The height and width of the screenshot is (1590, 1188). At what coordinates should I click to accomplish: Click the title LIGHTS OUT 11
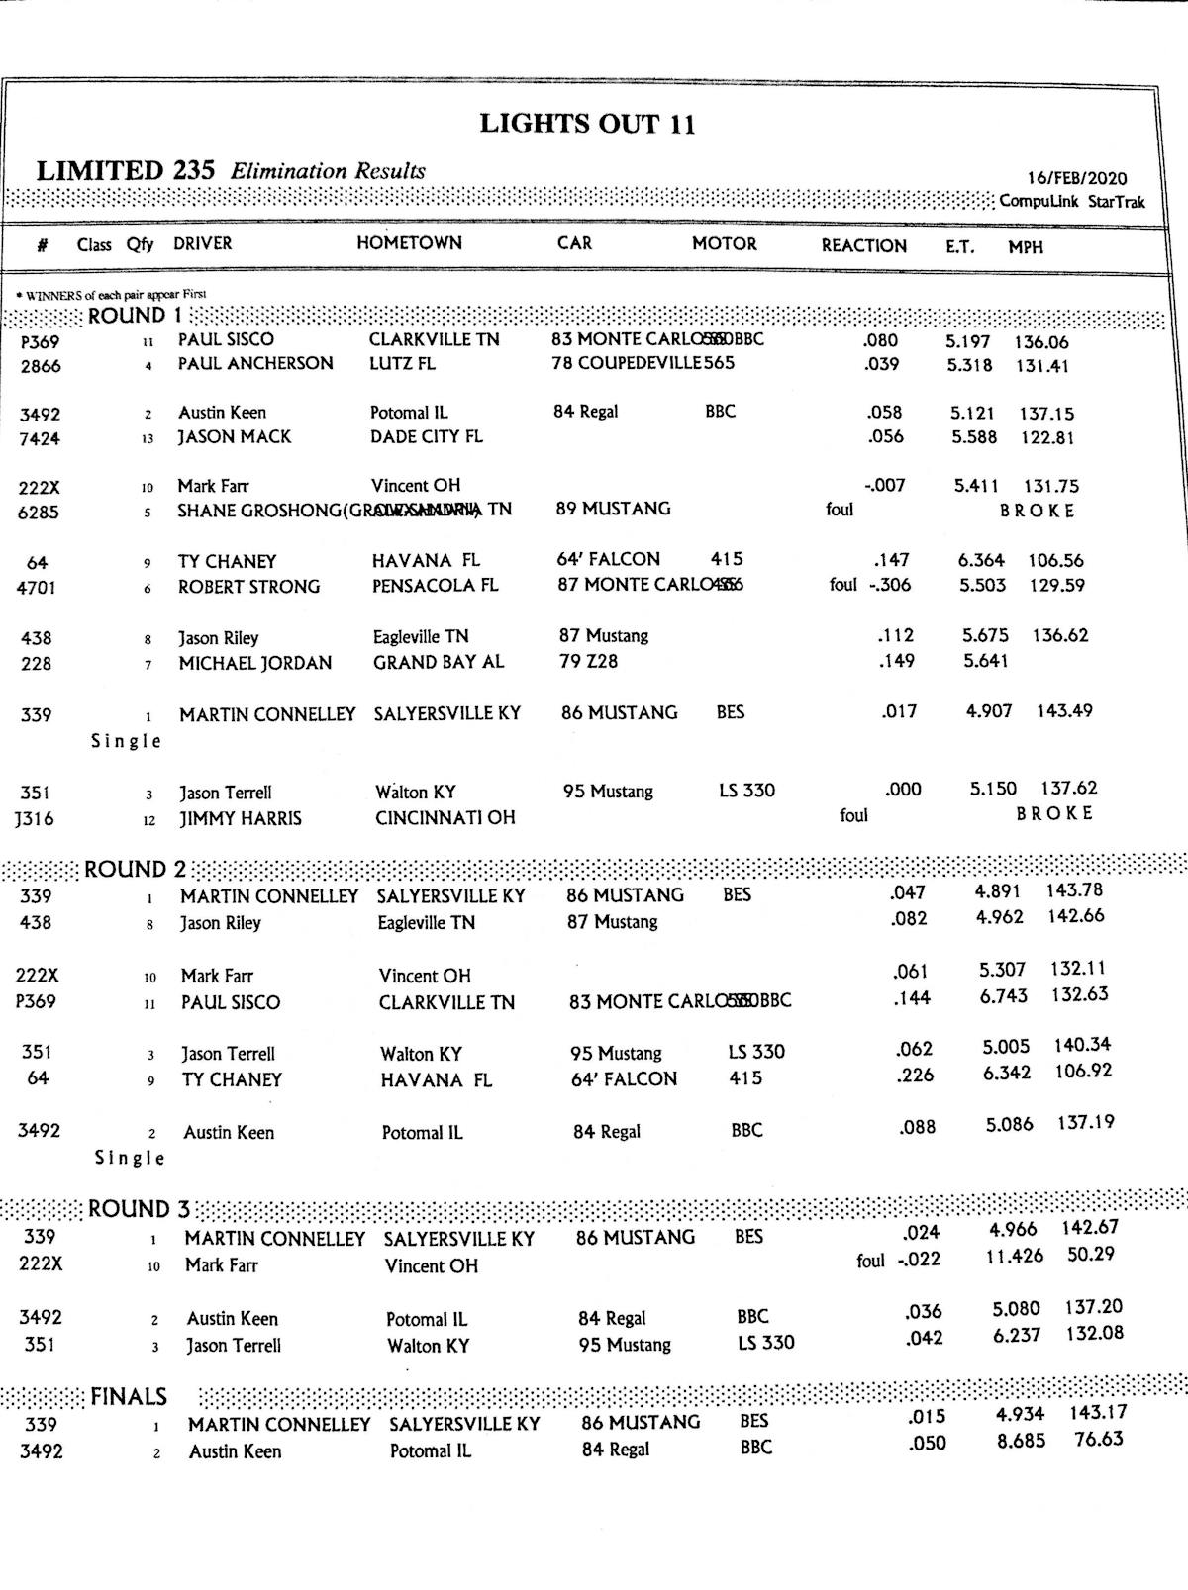tap(587, 124)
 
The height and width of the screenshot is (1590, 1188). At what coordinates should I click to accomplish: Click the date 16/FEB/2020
tap(1076, 178)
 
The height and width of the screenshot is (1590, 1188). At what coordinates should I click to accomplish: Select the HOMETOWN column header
tap(409, 243)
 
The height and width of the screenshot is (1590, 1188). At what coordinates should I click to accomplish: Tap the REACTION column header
tap(863, 246)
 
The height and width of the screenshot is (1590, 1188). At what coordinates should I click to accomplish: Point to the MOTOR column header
tap(724, 244)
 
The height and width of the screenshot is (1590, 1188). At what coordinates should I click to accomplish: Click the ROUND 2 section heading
tap(135, 870)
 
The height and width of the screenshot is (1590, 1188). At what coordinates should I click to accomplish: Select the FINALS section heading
tap(129, 1397)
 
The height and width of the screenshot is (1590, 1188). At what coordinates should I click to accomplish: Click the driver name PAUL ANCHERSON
tap(255, 363)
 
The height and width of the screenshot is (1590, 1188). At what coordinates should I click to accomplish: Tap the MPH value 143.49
tap(1064, 711)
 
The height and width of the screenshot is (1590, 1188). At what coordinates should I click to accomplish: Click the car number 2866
tap(41, 366)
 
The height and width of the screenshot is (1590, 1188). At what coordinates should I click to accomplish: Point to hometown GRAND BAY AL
tap(438, 662)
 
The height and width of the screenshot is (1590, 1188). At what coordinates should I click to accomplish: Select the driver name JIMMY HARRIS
tap(241, 818)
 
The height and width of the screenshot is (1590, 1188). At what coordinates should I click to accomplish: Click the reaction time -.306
tap(891, 585)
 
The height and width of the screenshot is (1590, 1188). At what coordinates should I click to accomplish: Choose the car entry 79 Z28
tap(588, 661)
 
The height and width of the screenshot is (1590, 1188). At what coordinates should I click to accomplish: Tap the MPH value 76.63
tap(1099, 1439)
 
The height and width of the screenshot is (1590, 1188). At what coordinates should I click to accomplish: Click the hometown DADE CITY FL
tap(427, 436)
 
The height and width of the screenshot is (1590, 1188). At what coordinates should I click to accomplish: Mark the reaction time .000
tap(902, 790)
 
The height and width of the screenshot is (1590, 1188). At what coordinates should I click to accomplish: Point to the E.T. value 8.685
tap(1021, 1441)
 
